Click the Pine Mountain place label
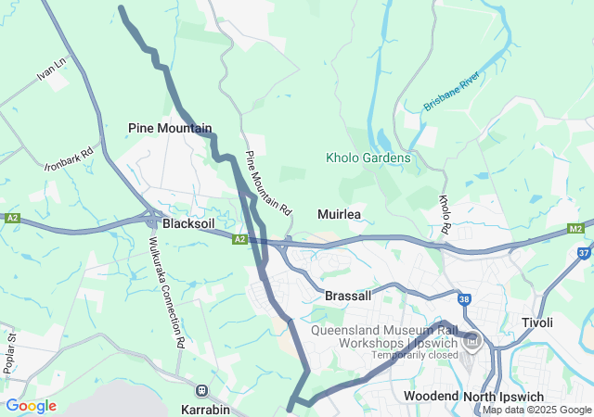[x=170, y=128]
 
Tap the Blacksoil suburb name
[x=189, y=224]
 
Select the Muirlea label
[x=339, y=214]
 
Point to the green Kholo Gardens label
[x=368, y=158]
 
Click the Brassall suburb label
[x=348, y=296]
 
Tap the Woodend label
[x=431, y=396]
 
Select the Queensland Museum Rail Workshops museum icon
[x=472, y=343]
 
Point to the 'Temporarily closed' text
[x=415, y=355]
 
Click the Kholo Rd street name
[x=445, y=213]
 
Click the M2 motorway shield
[x=576, y=229]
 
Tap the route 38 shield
[x=464, y=299]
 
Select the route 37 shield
[x=584, y=251]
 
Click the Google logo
[x=31, y=406]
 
